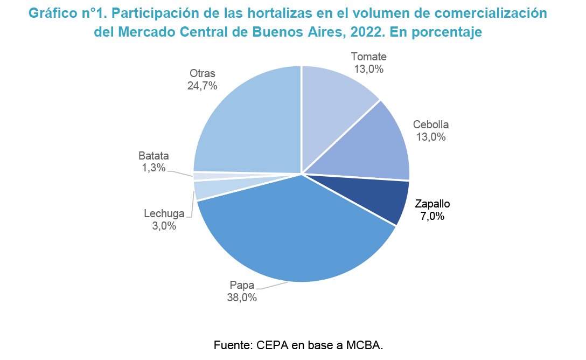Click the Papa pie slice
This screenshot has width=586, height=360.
291,232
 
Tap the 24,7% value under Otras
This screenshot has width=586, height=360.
202,86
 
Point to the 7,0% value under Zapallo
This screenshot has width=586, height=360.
432,217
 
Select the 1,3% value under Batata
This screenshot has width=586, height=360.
154,168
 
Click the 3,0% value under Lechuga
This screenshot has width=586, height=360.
164,226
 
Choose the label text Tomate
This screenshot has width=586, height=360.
368,57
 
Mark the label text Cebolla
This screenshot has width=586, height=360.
431,124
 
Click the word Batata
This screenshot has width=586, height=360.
154,156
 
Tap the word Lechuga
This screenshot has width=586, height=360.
164,214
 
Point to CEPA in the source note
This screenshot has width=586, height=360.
272,344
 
